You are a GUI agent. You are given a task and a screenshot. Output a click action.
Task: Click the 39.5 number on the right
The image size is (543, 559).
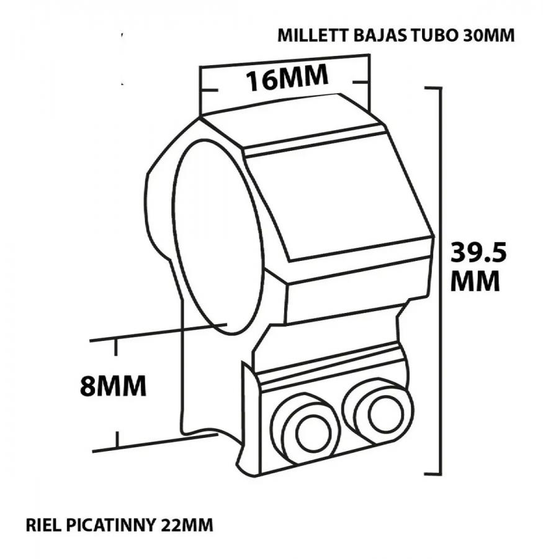tap(478, 252)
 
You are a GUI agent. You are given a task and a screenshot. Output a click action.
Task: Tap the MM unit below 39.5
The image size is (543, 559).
tap(475, 281)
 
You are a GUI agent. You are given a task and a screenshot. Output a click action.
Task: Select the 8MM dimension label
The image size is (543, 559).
tap(114, 386)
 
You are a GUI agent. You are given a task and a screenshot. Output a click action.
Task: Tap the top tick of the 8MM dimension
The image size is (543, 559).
tap(115, 348)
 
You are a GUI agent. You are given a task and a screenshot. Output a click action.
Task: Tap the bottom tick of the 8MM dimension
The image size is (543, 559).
tap(117, 439)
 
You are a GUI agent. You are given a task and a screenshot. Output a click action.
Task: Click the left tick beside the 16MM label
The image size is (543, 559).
tap(209, 90)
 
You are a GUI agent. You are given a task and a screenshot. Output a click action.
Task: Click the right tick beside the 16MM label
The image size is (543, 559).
tap(360, 82)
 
